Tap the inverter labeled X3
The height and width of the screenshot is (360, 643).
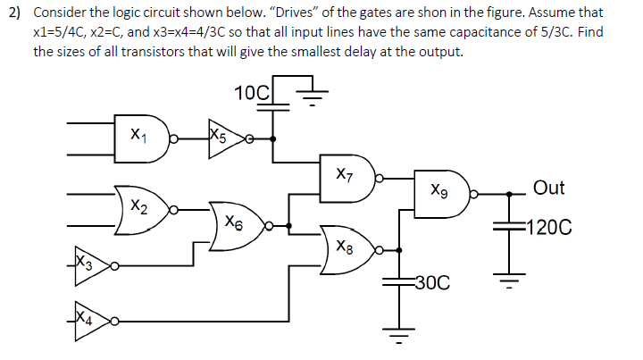(89, 265)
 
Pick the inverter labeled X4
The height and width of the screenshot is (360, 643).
(89, 319)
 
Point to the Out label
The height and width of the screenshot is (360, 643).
(548, 188)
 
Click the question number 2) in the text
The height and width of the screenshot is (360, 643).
(15, 13)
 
